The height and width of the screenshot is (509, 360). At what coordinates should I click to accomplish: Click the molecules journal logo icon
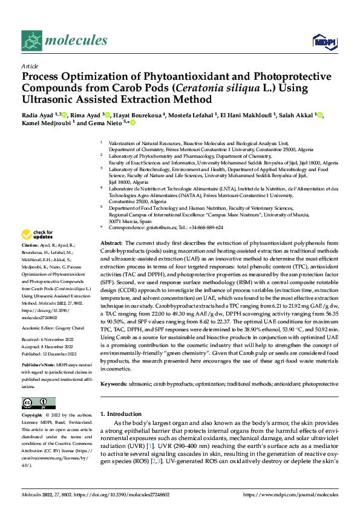point(32,41)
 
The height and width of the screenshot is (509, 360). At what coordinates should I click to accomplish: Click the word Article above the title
point(30,66)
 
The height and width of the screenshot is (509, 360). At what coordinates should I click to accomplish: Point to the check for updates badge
point(38,235)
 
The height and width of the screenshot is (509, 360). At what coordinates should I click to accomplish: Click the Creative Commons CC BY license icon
point(39,403)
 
